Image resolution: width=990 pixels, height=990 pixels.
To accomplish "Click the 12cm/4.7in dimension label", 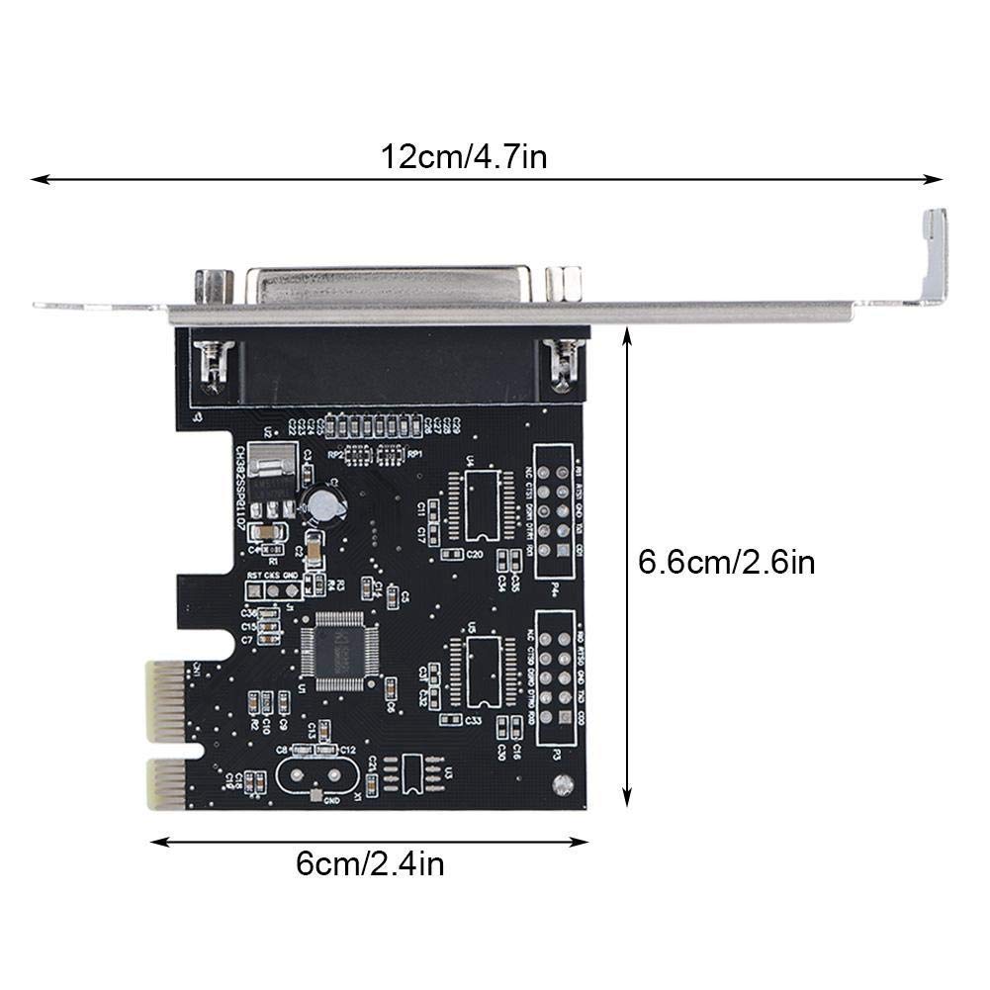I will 464,157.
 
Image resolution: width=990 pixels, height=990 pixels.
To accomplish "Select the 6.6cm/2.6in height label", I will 727,563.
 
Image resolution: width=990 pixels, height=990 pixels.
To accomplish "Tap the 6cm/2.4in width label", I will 370,863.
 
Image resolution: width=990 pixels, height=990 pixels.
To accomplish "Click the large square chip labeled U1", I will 339,650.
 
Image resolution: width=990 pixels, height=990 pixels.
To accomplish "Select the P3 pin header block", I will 556,676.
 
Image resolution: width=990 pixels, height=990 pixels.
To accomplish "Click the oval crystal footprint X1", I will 315,774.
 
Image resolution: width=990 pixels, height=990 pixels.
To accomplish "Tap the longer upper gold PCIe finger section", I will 165,701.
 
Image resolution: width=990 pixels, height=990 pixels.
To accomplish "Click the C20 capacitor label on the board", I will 474,554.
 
